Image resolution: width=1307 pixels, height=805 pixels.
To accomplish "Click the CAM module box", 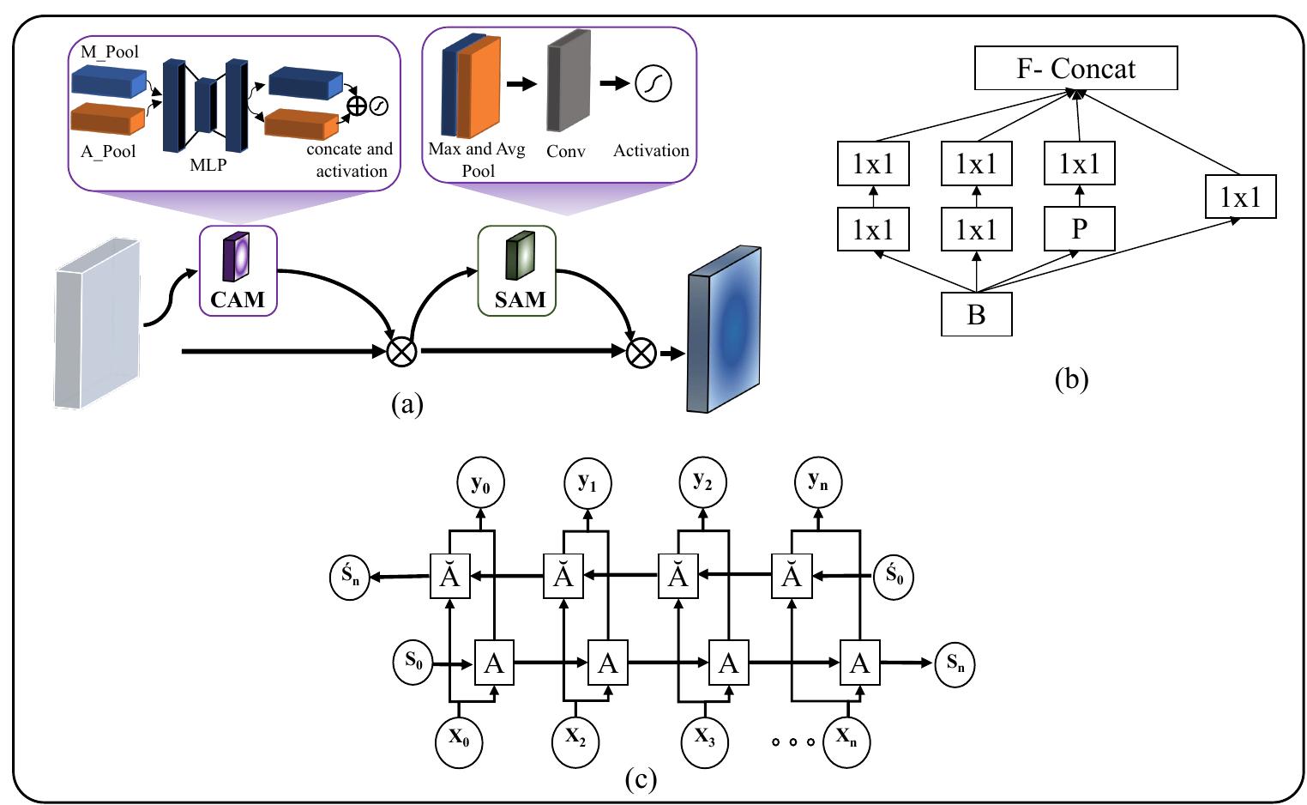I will (x=238, y=270).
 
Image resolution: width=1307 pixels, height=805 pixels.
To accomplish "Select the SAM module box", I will (x=516, y=270).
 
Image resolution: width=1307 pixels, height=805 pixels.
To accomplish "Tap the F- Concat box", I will (x=1075, y=69).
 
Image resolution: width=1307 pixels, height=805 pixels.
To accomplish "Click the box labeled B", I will (x=976, y=314).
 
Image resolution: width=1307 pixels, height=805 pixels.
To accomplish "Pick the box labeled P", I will (x=1079, y=229).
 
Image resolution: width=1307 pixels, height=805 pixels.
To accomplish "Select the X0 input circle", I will (x=460, y=738).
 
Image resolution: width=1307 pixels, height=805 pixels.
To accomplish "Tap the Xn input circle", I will (x=846, y=738).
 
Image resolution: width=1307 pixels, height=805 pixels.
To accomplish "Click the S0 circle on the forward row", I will (x=414, y=662).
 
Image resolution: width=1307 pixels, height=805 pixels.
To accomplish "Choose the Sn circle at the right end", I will (x=955, y=663).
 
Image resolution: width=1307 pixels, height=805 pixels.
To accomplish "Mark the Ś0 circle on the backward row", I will (x=894, y=577).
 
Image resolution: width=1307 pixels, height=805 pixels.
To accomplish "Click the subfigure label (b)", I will (x=1071, y=378).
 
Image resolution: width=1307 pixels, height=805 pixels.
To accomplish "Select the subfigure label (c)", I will (x=641, y=778).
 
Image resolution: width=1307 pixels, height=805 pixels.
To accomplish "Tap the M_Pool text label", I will (x=110, y=51).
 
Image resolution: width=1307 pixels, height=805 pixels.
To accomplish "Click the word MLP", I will (x=208, y=165).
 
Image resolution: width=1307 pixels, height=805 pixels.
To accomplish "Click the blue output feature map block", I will (x=724, y=329).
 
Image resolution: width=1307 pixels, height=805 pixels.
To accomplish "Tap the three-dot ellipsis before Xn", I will (x=792, y=741).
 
